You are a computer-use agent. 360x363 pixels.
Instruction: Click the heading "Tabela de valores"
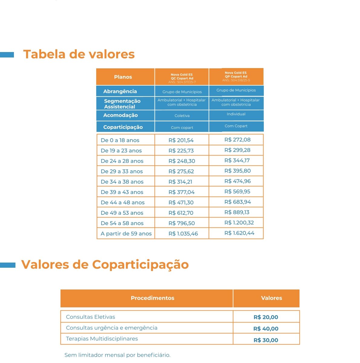tap(79, 54)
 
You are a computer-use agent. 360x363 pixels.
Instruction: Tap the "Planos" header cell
tap(123, 77)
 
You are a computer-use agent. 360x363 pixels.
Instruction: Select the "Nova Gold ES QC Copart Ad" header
tap(182, 77)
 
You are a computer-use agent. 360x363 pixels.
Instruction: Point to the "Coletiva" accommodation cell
tap(182, 116)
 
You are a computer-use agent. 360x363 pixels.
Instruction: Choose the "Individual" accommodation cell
tap(236, 114)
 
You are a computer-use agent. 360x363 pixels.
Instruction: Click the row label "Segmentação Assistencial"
tap(122, 104)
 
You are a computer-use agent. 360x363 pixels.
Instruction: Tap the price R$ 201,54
tap(181, 140)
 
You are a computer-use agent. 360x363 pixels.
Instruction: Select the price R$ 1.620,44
tap(239, 233)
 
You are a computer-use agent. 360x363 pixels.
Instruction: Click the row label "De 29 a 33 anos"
tap(122, 172)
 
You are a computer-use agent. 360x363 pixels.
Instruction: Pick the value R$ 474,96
tap(237, 181)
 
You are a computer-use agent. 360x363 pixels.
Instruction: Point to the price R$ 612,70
tap(181, 213)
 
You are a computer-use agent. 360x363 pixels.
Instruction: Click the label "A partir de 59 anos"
tap(126, 234)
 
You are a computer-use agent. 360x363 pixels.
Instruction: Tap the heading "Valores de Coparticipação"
tap(105, 264)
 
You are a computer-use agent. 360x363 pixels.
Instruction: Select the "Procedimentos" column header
tap(152, 298)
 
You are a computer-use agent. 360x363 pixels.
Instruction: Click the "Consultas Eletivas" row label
tap(90, 317)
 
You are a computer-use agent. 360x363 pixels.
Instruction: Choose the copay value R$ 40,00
tap(266, 329)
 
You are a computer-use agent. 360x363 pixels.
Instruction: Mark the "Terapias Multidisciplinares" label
tap(102, 339)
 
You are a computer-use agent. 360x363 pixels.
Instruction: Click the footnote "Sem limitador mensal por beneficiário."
tap(117, 355)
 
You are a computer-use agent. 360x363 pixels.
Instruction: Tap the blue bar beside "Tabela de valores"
tap(7, 55)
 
